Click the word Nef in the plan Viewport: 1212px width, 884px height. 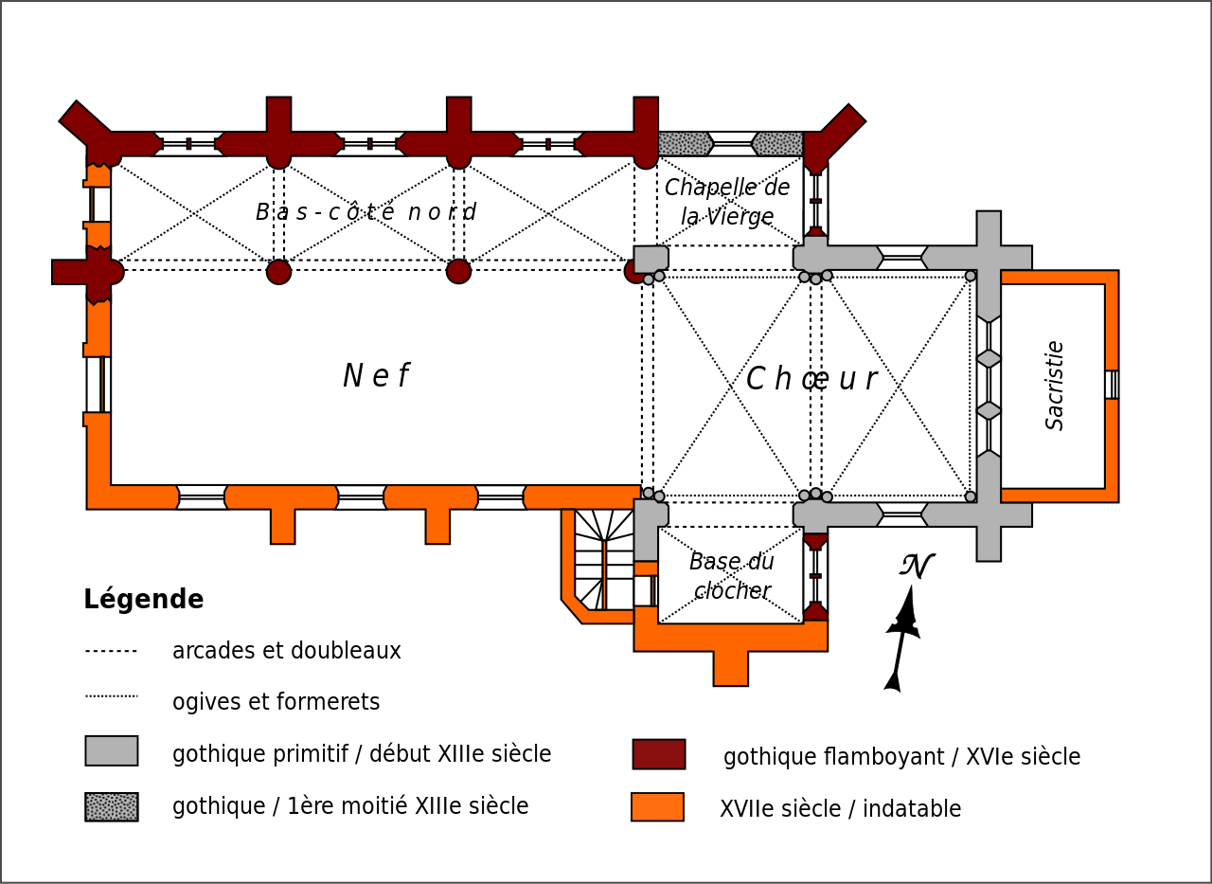coord(375,376)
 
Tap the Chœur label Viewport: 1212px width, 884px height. coord(811,379)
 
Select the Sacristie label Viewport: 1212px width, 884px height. coord(1055,385)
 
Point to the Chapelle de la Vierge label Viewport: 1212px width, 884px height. coord(727,201)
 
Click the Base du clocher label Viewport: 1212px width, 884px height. coord(731,575)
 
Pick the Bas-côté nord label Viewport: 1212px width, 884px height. coord(365,211)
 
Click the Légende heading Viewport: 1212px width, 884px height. coord(143,599)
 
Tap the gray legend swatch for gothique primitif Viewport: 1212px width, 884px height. coord(112,750)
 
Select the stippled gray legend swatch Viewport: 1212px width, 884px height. coord(112,806)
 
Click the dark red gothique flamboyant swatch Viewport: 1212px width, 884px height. coord(659,754)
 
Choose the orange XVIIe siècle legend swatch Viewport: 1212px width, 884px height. coord(657,807)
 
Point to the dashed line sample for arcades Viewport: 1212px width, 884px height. coord(112,652)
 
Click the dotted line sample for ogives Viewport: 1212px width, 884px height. coord(112,696)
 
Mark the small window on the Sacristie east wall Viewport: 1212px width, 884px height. coord(1112,385)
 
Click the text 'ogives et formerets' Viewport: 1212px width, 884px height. coord(276,702)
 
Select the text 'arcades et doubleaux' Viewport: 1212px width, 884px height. coord(286,651)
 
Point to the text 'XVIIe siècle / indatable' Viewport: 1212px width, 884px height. coord(840,809)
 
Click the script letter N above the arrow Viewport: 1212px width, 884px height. coord(917,566)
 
